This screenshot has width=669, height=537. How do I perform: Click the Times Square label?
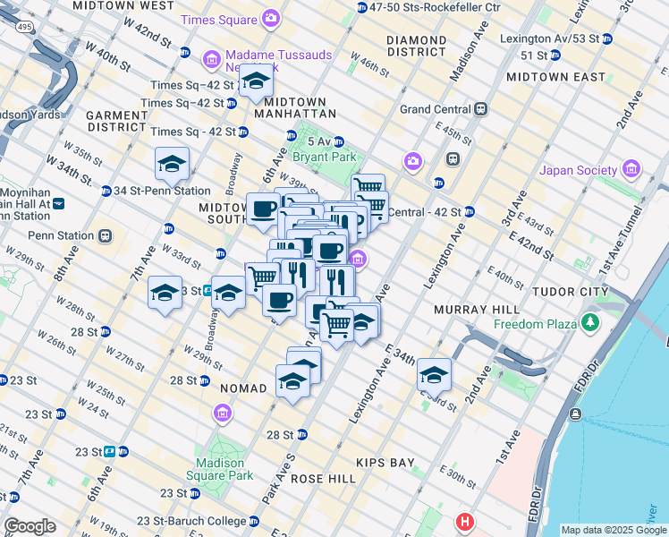coord(216,19)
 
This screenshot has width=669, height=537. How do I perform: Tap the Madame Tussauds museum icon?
coord(212,59)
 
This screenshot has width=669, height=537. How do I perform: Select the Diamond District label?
coord(416,47)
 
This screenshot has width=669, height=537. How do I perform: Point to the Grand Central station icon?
coord(480,109)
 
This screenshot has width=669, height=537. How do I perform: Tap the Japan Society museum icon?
coord(632,170)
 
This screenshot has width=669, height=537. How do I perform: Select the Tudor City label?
coord(570,292)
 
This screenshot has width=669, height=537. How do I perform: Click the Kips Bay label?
coord(385,463)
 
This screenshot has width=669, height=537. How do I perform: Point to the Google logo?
coord(30,526)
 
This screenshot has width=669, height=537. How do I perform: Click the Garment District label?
coord(117,122)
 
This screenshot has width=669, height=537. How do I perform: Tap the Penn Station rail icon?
coord(105,236)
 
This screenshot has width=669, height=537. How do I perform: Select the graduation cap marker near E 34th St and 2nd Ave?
coord(434,375)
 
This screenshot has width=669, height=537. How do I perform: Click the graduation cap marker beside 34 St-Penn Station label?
coord(172,164)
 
